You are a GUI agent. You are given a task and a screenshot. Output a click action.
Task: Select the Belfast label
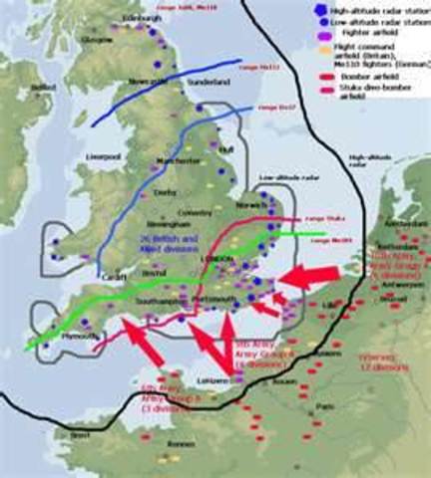click(x=41, y=88)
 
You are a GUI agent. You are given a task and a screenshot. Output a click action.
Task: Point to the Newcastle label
click(x=148, y=81)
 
